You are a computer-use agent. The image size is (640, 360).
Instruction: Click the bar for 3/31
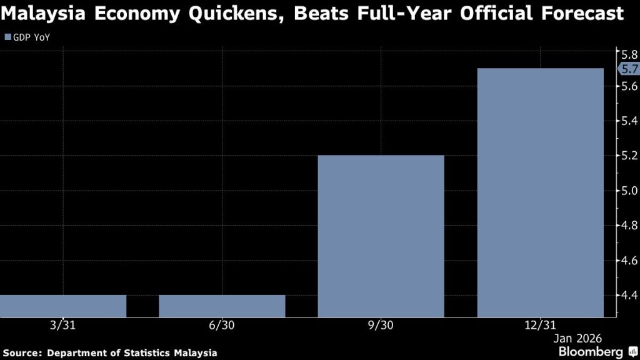(62, 306)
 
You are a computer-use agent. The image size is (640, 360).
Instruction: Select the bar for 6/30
(222, 306)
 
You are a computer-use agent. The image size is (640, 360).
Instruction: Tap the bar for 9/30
(381, 236)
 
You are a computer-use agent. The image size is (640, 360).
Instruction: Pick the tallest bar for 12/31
(540, 192)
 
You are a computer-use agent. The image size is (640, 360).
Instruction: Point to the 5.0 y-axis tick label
(627, 191)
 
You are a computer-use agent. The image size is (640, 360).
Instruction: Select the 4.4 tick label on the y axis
(627, 295)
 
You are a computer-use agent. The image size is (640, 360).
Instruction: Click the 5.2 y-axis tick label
(627, 156)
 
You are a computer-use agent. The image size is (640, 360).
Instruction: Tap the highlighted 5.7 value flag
(627, 69)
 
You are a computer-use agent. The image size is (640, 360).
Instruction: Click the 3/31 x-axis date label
(63, 326)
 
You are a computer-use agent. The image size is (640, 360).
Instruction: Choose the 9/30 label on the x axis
(381, 326)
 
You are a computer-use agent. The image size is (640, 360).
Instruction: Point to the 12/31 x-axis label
(540, 326)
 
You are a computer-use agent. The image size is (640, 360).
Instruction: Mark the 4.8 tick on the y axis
(627, 225)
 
